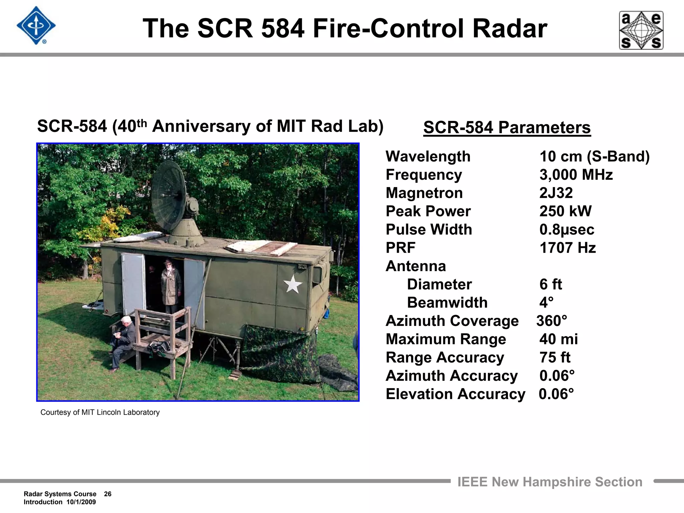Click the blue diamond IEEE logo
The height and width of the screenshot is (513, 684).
36,26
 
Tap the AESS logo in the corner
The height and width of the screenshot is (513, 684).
641,30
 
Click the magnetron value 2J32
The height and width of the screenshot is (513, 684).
556,193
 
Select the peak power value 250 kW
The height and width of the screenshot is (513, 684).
565,211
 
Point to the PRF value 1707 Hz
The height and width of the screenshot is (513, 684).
567,248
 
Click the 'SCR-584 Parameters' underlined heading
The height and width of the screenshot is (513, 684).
507,128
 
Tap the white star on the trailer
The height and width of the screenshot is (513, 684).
293,284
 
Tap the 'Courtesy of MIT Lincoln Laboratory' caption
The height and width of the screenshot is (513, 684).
100,412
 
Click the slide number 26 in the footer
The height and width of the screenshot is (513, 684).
108,494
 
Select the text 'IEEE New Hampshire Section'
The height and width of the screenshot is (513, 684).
550,482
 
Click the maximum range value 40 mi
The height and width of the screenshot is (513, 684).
558,339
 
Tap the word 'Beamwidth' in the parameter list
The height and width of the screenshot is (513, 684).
447,303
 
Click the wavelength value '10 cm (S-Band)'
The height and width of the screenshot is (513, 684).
594,157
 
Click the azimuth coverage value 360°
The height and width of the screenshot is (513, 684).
551,321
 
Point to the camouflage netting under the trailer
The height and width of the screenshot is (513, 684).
281,354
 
